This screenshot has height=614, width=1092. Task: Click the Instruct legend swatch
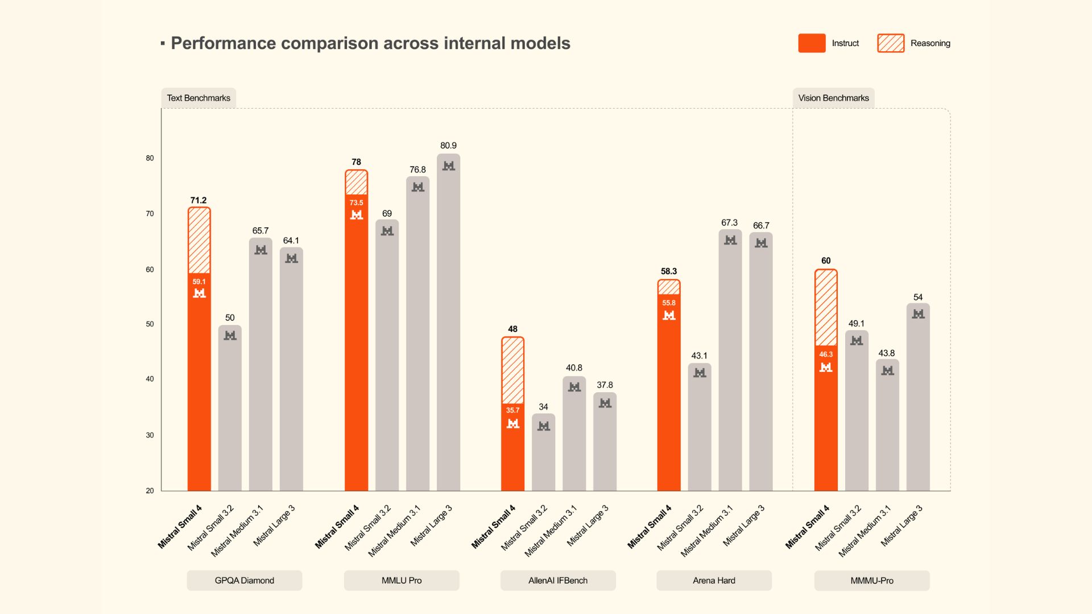(812, 43)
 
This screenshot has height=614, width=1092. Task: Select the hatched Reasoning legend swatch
(891, 43)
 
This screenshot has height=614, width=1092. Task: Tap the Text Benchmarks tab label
(198, 98)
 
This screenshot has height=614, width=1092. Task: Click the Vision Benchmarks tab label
(833, 98)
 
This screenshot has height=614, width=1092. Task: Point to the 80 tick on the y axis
(150, 158)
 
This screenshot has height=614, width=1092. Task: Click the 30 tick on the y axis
(150, 435)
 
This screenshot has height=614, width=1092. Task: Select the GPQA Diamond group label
(245, 580)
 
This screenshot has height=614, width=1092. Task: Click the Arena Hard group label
(714, 580)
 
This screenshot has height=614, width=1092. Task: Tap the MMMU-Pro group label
(872, 580)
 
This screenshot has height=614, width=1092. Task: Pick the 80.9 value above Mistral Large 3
(448, 146)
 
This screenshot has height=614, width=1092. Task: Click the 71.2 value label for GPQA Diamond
(198, 200)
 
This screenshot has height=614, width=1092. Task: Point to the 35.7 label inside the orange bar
(512, 410)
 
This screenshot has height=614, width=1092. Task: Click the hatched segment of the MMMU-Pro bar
(826, 308)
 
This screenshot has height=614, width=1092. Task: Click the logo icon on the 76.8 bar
(418, 187)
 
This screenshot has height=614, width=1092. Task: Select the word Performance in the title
(223, 43)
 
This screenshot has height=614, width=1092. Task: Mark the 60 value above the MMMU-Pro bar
(826, 260)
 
